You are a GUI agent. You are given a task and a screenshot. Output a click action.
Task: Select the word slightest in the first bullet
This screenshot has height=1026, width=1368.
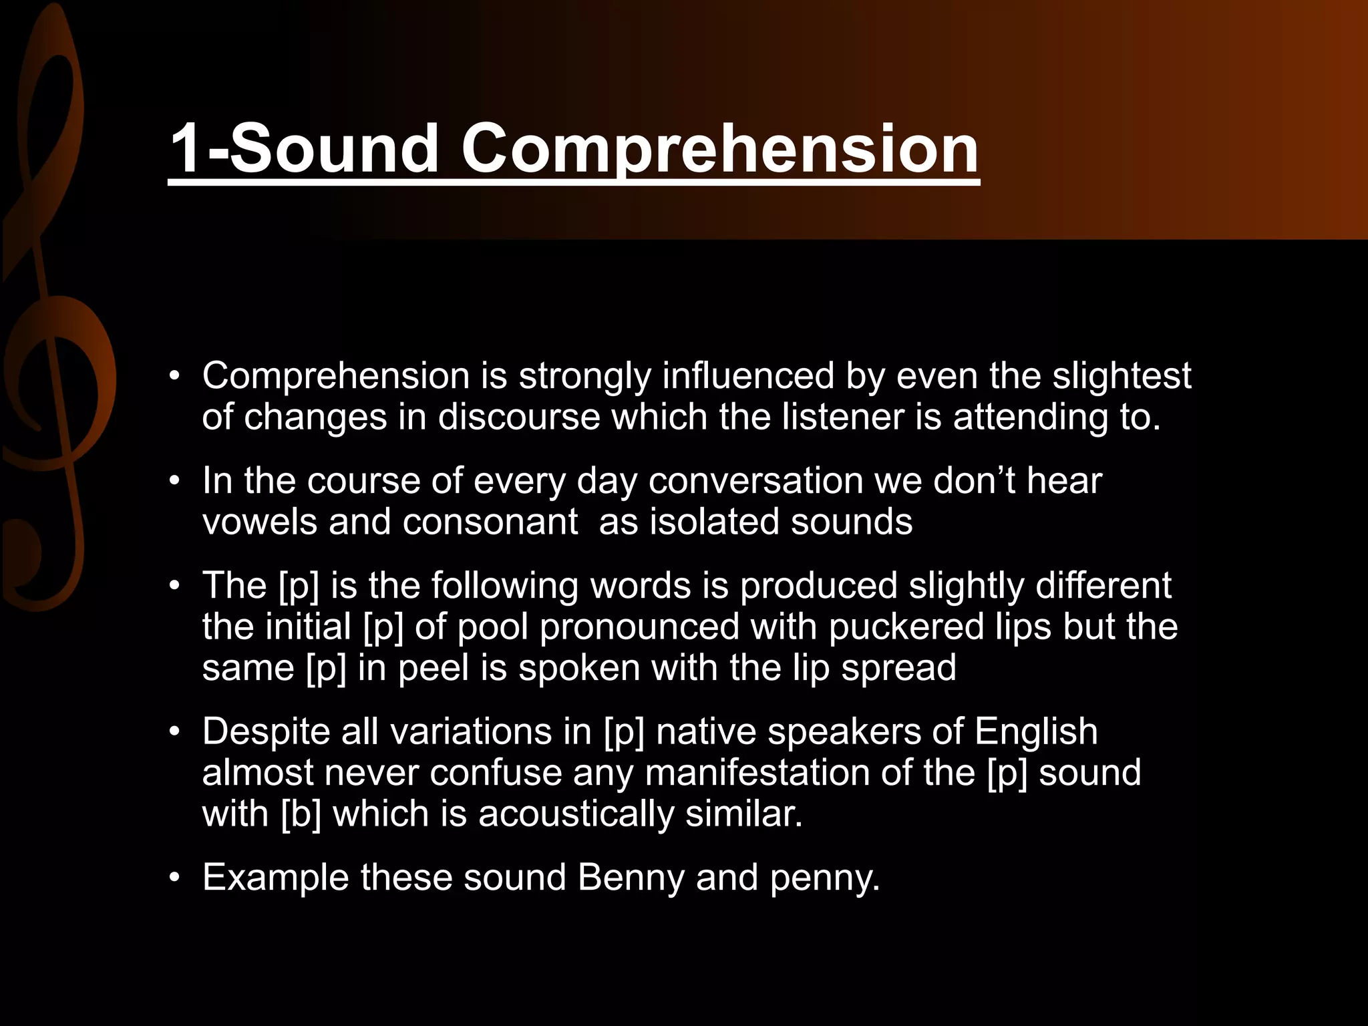[x=1122, y=376]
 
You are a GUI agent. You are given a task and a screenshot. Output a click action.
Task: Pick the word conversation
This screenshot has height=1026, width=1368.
[x=755, y=481]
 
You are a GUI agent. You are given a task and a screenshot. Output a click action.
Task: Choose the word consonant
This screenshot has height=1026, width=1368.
[x=490, y=522]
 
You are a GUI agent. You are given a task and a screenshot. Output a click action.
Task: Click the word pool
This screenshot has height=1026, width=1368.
[x=492, y=627]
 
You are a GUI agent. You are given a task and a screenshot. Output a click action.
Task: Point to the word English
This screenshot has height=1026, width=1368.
[x=1035, y=731]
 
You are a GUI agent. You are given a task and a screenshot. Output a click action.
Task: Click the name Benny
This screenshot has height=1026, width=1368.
[x=631, y=878]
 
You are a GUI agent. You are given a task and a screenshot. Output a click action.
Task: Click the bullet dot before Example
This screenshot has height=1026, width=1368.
[x=175, y=878]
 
